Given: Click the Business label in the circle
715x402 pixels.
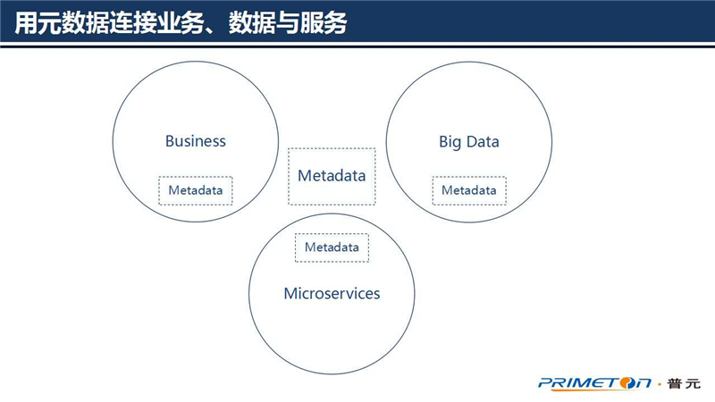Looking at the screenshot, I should [196, 141].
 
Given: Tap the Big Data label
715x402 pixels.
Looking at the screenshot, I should [469, 142].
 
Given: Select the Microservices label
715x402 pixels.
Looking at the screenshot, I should [332, 294].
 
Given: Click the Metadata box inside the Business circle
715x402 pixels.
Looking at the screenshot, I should [196, 190].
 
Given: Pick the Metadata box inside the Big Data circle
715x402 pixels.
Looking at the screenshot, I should [469, 190].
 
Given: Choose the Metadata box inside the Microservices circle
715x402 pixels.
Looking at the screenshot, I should [332, 247].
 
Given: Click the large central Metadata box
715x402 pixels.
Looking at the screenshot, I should [332, 176].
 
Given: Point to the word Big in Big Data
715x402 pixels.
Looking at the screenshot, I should [450, 142].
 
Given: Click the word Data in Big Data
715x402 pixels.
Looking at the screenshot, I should [483, 142].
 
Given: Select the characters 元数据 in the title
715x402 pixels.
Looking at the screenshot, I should [76, 21].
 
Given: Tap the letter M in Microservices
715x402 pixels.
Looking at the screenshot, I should [290, 294].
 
